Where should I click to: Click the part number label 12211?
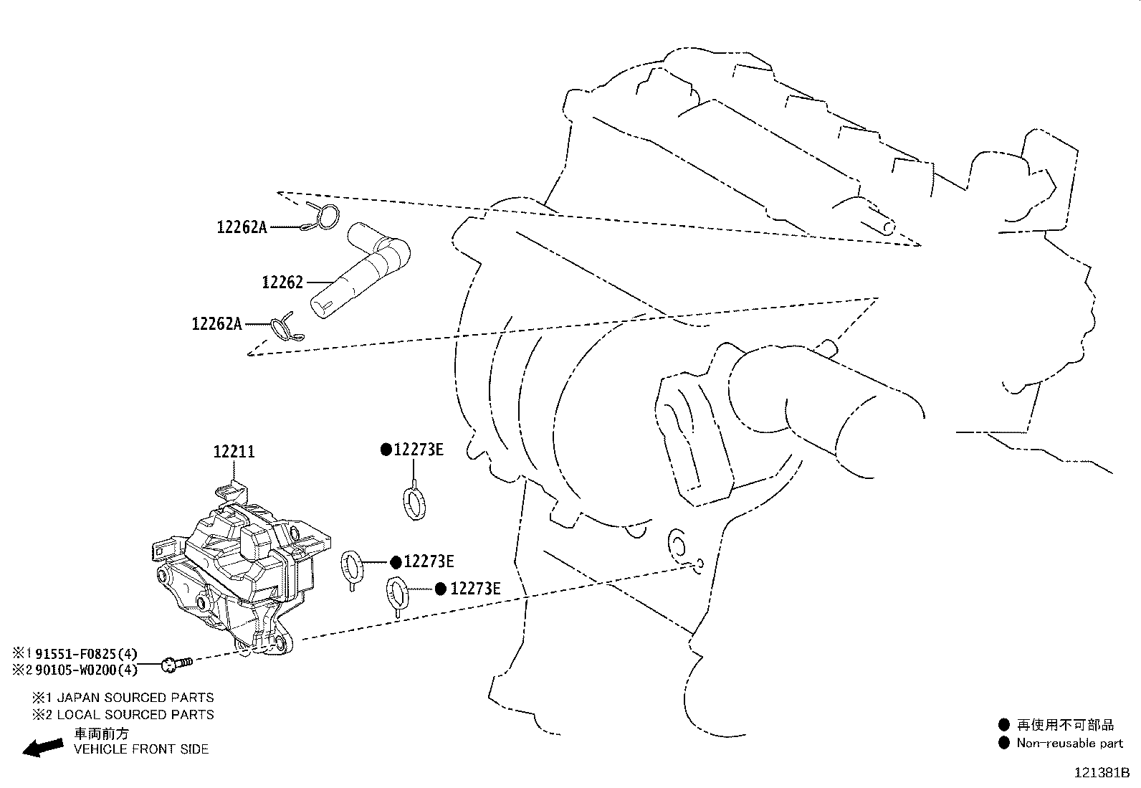pyautogui.click(x=234, y=452)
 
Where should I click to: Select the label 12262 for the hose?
pyautogui.click(x=282, y=283)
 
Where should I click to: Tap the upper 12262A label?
pyautogui.click(x=242, y=227)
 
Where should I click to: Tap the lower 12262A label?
pyautogui.click(x=216, y=324)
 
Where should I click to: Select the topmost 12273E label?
pyautogui.click(x=419, y=450)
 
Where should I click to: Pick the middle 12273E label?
pyautogui.click(x=428, y=561)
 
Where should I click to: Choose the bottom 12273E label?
pyautogui.click(x=474, y=589)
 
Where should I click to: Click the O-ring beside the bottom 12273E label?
pyautogui.click(x=398, y=594)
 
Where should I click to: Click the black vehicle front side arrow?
pyautogui.click(x=42, y=747)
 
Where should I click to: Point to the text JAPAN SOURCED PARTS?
pyautogui.click(x=135, y=697)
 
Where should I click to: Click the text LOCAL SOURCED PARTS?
pyautogui.click(x=135, y=714)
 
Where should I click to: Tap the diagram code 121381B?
pyautogui.click(x=1100, y=773)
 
